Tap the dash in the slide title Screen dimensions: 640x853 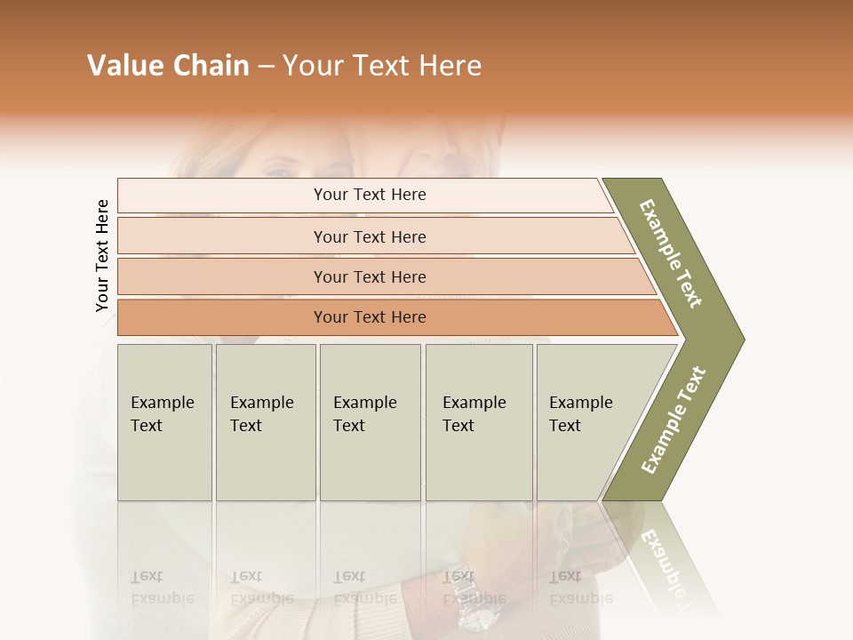pyautogui.click(x=266, y=67)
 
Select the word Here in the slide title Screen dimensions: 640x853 pyautogui.click(x=450, y=66)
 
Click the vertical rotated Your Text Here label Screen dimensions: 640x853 pyautogui.click(x=102, y=256)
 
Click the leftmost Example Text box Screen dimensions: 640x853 pyautogui.click(x=164, y=422)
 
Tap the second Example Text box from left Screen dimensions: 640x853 pyautogui.click(x=266, y=422)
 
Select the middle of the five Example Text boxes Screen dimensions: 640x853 pyautogui.click(x=370, y=422)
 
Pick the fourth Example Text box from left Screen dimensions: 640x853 pyautogui.click(x=479, y=422)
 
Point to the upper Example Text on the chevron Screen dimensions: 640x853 pyautogui.click(x=671, y=253)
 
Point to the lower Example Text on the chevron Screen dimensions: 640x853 pyautogui.click(x=673, y=420)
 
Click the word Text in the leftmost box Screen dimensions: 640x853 pyautogui.click(x=147, y=426)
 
